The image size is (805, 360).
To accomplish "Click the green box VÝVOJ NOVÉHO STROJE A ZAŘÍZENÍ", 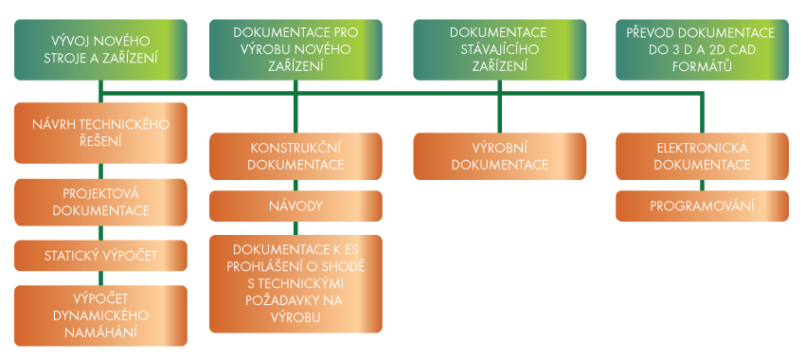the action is pyautogui.click(x=100, y=50).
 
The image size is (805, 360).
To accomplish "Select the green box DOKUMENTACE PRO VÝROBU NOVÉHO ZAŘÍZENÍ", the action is pyautogui.click(x=295, y=50).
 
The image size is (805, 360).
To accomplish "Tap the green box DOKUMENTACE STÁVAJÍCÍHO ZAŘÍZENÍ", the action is pyautogui.click(x=499, y=50).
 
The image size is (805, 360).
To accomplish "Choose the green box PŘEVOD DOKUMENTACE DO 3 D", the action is pyautogui.click(x=702, y=50).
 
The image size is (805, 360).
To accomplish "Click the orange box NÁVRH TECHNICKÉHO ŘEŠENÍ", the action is pyautogui.click(x=100, y=133).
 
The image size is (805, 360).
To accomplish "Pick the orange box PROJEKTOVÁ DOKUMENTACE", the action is pyautogui.click(x=100, y=203).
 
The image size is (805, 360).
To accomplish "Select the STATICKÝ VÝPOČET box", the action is pyautogui.click(x=100, y=256).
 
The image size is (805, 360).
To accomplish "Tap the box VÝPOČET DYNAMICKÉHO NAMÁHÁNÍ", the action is pyautogui.click(x=100, y=315).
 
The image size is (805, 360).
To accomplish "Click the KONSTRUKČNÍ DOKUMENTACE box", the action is pyautogui.click(x=295, y=156).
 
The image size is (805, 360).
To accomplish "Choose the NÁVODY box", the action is pyautogui.click(x=295, y=206).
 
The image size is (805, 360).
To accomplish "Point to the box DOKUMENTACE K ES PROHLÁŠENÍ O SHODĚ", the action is pyautogui.click(x=295, y=284).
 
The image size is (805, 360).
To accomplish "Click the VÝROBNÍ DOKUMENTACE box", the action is pyautogui.click(x=499, y=156).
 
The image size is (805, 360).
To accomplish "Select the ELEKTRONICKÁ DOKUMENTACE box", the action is pyautogui.click(x=702, y=156).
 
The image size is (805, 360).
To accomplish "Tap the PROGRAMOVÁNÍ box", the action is pyautogui.click(x=702, y=206).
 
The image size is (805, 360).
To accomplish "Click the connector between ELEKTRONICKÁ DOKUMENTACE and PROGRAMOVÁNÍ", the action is pyautogui.click(x=702, y=186).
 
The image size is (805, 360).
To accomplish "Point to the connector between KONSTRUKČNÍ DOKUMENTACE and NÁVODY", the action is pyautogui.click(x=295, y=186).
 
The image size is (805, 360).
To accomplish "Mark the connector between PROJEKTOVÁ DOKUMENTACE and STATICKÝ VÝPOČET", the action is pyautogui.click(x=100, y=233).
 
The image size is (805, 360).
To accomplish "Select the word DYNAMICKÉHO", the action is pyautogui.click(x=100, y=315).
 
